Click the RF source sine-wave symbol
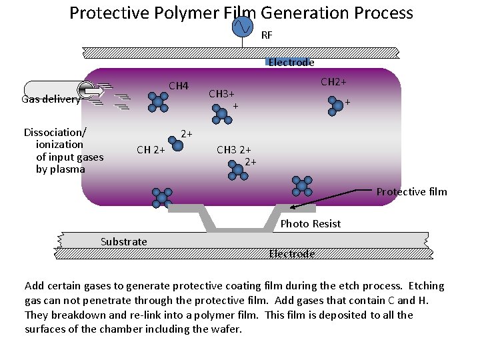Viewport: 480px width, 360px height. (241, 26)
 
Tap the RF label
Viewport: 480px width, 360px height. (267, 35)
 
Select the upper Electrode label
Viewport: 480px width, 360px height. (291, 62)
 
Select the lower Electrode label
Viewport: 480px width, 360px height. (291, 253)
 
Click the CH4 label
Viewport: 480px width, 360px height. (179, 86)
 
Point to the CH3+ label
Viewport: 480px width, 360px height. (222, 94)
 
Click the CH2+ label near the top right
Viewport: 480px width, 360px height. (333, 82)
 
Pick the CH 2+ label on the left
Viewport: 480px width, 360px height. (151, 150)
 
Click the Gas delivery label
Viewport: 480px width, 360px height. (51, 99)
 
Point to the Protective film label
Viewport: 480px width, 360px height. (411, 192)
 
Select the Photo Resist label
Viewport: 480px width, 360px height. (310, 224)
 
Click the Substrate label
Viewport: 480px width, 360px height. (123, 241)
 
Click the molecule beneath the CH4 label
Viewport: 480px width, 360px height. (159, 101)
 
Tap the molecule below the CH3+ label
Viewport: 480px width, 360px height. (221, 114)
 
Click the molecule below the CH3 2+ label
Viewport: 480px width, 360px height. (237, 171)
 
